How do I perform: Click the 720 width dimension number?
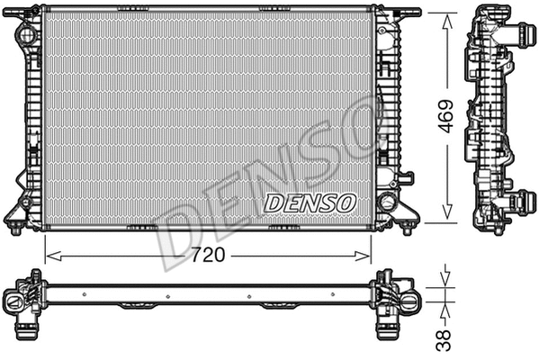click(x=208, y=255)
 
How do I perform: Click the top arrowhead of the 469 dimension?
click(x=444, y=18)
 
